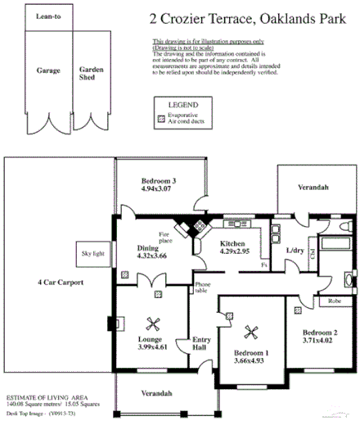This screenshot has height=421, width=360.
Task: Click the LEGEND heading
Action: tap(184, 106)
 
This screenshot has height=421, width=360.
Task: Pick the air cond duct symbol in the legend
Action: tap(160, 120)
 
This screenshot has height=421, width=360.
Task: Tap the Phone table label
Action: tap(202, 289)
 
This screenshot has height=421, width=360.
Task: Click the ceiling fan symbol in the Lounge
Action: tap(151, 322)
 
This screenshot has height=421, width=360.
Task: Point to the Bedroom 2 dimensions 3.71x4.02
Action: tap(320, 339)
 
